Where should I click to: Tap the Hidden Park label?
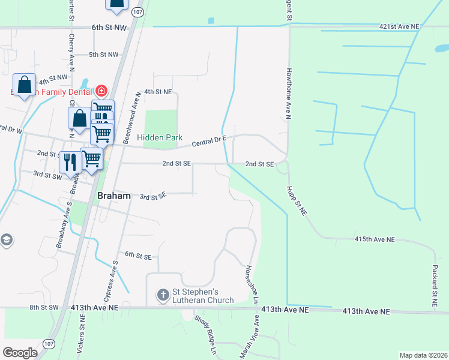tap(160, 137)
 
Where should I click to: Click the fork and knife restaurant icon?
tap(70, 163)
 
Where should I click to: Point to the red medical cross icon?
tap(101, 91)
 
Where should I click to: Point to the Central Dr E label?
tap(209, 142)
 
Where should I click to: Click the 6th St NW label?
tap(109, 28)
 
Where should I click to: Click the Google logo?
tap(20, 353)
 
